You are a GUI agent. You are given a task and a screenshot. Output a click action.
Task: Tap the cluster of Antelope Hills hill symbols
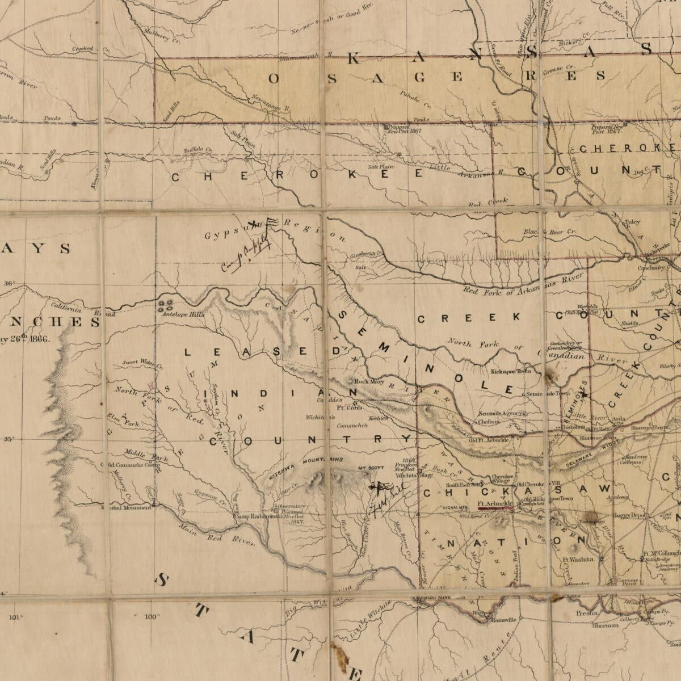tap(166, 305)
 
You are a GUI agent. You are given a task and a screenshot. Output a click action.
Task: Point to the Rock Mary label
tap(369, 382)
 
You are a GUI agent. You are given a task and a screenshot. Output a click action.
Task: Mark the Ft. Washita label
tap(578, 559)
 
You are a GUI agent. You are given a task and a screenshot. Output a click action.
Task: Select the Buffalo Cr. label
tap(197, 150)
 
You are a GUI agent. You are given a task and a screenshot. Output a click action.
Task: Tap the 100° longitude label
tap(152, 617)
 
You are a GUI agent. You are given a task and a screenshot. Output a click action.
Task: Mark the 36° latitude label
tap(10, 283)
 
